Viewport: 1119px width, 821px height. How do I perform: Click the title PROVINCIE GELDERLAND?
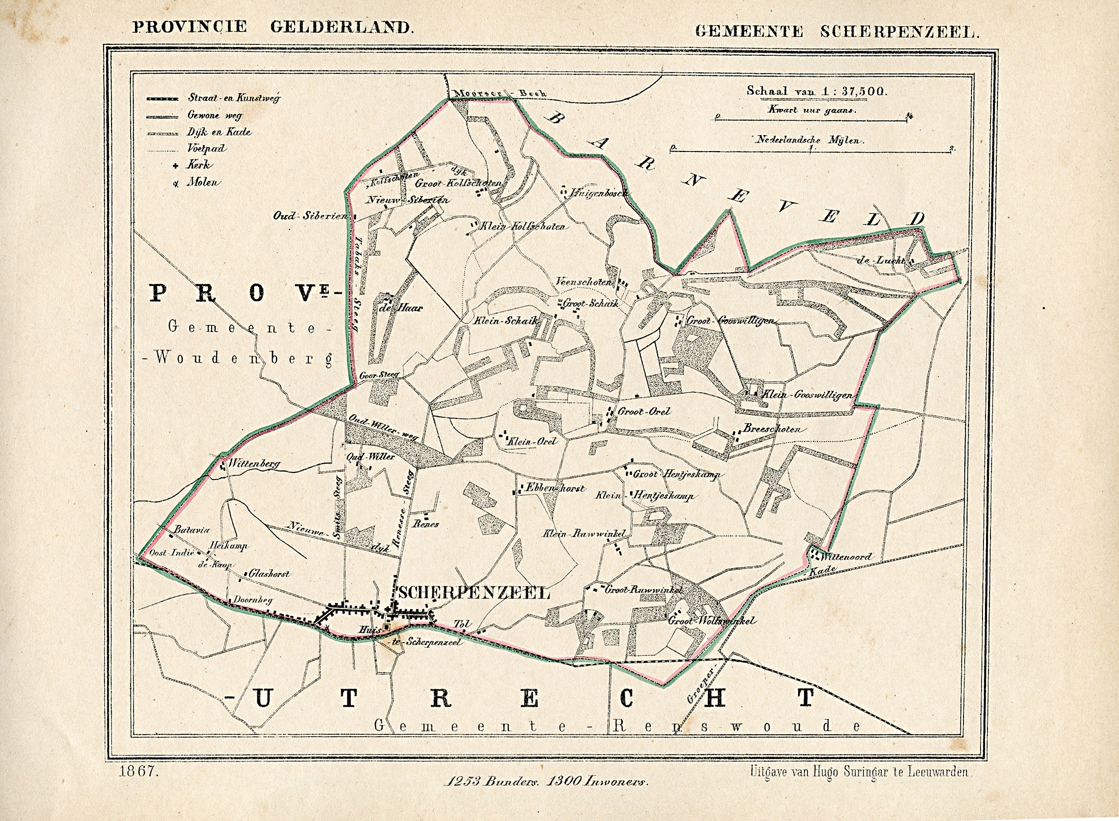click(x=273, y=26)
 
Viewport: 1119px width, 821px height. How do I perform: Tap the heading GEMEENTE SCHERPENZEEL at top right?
click(x=837, y=31)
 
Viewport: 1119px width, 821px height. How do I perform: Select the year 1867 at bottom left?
click(x=139, y=773)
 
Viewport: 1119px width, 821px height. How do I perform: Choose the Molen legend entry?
click(x=202, y=182)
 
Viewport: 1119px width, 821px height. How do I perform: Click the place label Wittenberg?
click(x=254, y=464)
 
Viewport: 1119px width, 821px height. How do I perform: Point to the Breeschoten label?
click(x=772, y=429)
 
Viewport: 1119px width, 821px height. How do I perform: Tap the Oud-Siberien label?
click(x=310, y=216)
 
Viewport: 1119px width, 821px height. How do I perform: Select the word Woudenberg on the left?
click(x=243, y=358)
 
